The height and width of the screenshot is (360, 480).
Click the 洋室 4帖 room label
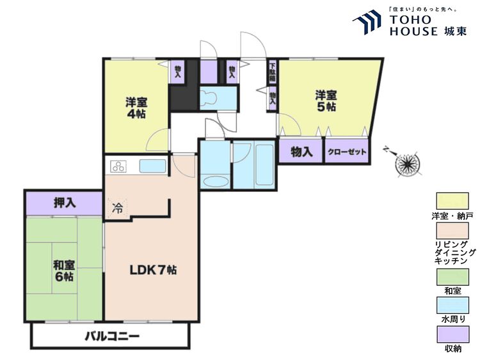136,107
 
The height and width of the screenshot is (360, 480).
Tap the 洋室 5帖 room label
325,100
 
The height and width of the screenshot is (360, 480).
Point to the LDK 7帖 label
153,270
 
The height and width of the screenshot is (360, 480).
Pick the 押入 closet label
65,203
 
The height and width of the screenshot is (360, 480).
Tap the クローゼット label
348,152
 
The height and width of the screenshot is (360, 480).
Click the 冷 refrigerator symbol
118,207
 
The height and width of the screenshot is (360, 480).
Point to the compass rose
406,164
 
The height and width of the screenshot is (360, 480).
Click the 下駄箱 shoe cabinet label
272,70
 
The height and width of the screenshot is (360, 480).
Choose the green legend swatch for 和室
452,277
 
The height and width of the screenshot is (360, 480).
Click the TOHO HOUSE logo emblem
367,22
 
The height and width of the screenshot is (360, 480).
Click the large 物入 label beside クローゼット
301,152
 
